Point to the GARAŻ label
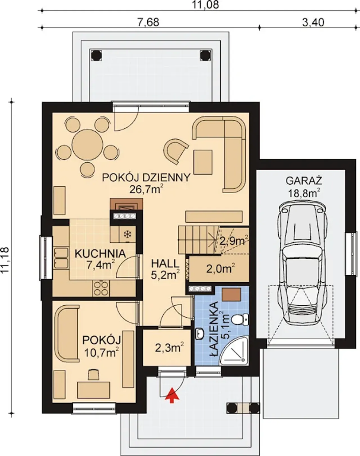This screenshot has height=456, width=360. (x=304, y=181)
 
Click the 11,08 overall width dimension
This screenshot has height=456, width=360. (x=205, y=5)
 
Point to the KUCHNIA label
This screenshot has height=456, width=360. (x=100, y=254)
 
